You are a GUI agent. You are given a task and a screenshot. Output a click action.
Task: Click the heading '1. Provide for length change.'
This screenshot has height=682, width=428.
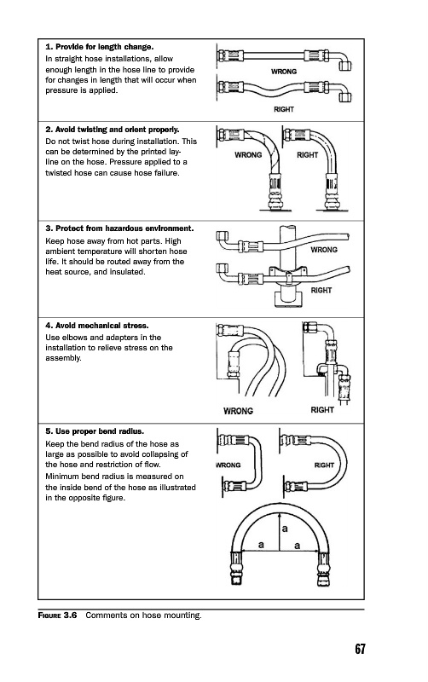pos(100,47)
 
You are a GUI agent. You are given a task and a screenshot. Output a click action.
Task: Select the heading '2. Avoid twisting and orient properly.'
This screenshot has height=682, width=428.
pos(113,130)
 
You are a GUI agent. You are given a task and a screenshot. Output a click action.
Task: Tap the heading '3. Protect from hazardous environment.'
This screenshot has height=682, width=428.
pos(119,228)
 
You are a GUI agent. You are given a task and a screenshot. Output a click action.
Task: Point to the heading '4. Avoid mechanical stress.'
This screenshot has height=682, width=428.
pos(97,326)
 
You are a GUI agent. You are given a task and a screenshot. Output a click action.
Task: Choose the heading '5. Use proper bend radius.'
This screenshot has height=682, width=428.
pos(95,431)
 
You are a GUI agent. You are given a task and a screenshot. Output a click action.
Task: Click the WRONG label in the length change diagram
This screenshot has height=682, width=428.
pos(284,72)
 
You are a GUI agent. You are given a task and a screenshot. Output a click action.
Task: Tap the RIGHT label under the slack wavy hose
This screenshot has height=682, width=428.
pos(284,109)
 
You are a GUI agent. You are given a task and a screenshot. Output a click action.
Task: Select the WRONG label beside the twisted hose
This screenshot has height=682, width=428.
pos(248,155)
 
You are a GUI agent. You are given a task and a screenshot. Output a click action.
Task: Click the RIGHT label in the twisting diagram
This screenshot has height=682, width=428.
pos(307,155)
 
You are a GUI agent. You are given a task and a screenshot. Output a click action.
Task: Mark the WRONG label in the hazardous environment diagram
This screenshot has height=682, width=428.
pos(324,250)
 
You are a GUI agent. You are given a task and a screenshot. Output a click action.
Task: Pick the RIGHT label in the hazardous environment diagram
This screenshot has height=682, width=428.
pos(321,290)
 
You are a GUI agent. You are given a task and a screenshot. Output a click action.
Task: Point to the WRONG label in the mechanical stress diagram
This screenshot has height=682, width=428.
pos(238,411)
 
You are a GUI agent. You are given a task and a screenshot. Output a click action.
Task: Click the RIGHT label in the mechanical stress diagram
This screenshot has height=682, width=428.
pos(322,410)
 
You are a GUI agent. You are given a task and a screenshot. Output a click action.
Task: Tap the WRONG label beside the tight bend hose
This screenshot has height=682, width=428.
pos(228,465)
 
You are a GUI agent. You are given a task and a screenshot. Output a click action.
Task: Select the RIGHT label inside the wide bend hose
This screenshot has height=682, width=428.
pos(324,465)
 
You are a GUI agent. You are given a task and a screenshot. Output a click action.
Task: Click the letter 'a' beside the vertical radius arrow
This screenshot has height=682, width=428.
pos(285,529)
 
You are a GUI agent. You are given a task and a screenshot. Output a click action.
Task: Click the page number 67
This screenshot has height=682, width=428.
pos(360,649)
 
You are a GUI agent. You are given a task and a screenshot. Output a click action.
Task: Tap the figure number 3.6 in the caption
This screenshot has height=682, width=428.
pos(70,615)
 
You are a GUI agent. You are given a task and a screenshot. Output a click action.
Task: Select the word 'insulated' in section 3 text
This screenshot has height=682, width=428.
pos(129,272)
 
